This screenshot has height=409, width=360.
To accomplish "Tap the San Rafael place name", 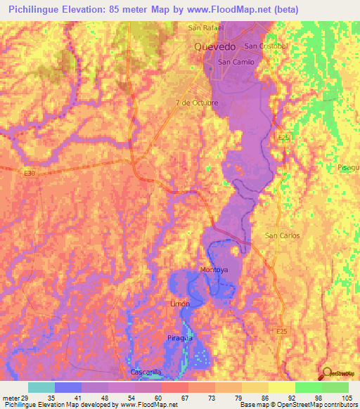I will point(205,28).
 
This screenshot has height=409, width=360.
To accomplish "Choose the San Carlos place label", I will point(281,235).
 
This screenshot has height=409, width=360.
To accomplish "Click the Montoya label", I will point(214,270).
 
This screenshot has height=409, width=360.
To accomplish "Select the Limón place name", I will point(180,304).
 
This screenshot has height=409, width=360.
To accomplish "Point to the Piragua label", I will point(180,338).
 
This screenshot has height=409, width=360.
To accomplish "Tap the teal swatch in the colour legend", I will point(41,387).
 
